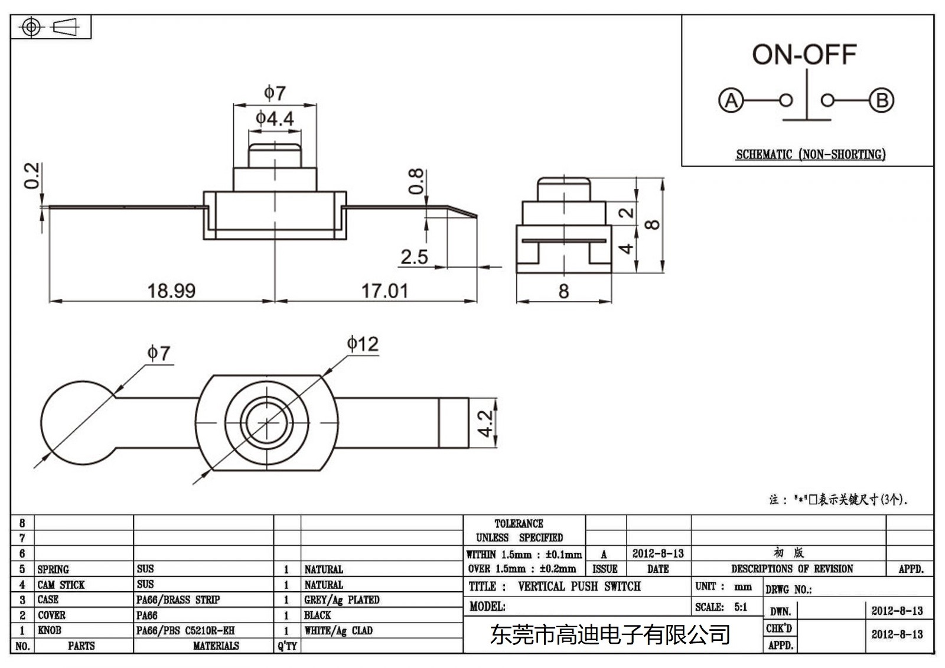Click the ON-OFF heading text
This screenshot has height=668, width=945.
[x=804, y=55]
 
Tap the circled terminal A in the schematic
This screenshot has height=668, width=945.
[x=731, y=100]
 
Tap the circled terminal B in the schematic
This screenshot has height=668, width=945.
[x=881, y=100]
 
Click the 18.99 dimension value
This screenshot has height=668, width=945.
[x=171, y=291]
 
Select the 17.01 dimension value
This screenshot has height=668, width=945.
[x=384, y=291]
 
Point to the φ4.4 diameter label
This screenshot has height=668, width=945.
[x=275, y=119]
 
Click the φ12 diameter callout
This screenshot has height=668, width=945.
[x=362, y=344]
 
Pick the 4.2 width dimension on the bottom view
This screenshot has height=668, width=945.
[x=485, y=423]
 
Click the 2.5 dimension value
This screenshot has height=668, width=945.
[x=414, y=257]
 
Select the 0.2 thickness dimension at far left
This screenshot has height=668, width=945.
[x=32, y=176]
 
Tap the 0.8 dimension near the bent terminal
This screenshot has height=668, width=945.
[x=416, y=181]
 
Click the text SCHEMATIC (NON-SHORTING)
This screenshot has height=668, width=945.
[x=810, y=155]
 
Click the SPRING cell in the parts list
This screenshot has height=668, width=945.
[x=53, y=569]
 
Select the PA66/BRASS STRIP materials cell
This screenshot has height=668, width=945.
[x=178, y=600]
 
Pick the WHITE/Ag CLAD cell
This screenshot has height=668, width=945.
[x=338, y=631]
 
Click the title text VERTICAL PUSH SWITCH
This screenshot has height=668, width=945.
[x=579, y=586]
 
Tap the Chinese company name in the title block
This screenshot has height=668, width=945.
[x=610, y=635]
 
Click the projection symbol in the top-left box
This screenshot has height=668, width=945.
[x=50, y=27]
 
